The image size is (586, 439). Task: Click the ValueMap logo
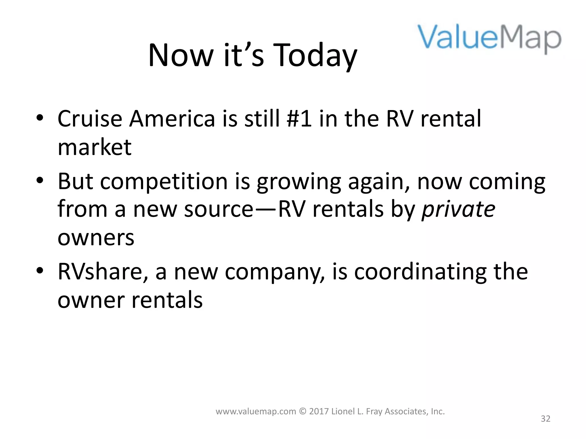pyautogui.click(x=489, y=39)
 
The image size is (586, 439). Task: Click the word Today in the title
pyautogui.click(x=315, y=56)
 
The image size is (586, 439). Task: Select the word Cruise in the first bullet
pyautogui.click(x=90, y=119)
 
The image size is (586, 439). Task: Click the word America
pyautogui.click(x=172, y=119)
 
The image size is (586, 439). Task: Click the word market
pyautogui.click(x=94, y=148)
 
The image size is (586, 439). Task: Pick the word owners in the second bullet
pyautogui.click(x=96, y=238)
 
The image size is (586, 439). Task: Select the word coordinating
pyautogui.click(x=420, y=272)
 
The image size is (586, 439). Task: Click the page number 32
pyautogui.click(x=545, y=419)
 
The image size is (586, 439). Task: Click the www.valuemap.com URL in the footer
pyautogui.click(x=256, y=412)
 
